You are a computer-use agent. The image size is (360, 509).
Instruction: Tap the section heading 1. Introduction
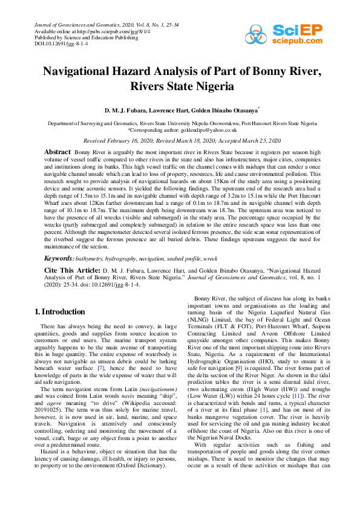tap(60, 312)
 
